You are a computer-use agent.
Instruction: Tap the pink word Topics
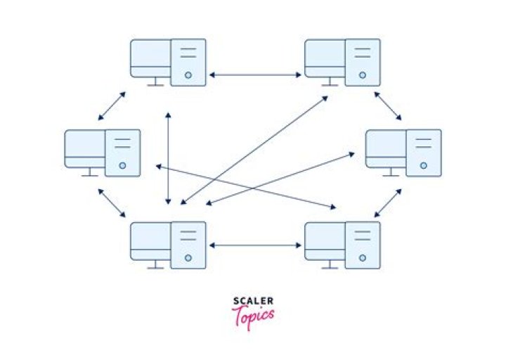point(253,317)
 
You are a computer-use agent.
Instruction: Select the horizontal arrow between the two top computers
point(256,74)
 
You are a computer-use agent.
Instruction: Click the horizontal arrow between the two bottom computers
point(256,245)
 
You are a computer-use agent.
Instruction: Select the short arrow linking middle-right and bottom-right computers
point(388,202)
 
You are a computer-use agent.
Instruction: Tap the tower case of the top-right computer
point(363,62)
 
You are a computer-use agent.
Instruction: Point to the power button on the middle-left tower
point(122,166)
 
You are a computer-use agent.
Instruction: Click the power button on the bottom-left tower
point(188,257)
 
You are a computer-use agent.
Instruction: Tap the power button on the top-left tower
point(188,75)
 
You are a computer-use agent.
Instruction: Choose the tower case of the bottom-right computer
point(363,245)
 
